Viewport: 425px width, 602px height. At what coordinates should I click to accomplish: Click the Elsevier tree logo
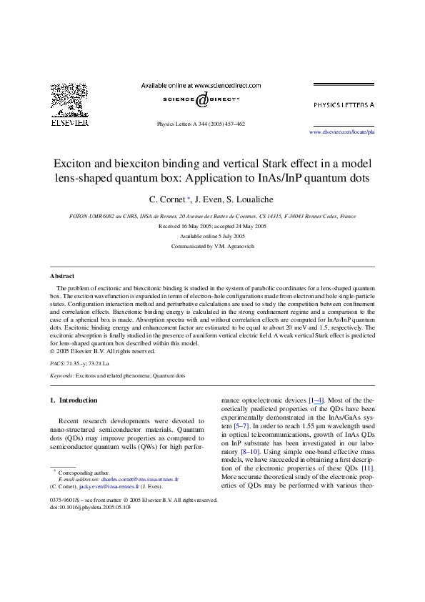click(69, 100)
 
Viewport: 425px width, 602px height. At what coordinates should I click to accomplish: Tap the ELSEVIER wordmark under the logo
click(70, 123)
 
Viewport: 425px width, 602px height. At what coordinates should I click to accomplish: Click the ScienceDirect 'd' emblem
click(201, 100)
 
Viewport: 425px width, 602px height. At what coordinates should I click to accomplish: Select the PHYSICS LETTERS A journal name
click(344, 105)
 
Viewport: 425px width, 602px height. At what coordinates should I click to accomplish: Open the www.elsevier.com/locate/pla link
click(341, 132)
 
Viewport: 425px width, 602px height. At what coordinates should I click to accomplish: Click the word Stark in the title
click(274, 164)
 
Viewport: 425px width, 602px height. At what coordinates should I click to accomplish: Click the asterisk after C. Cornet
click(189, 198)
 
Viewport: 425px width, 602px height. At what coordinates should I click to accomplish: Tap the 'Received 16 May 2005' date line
click(185, 226)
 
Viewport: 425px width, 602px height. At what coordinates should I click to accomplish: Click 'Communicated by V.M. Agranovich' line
click(213, 246)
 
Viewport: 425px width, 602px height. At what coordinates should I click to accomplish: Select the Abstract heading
click(62, 276)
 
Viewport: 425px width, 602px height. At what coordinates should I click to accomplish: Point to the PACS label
click(57, 363)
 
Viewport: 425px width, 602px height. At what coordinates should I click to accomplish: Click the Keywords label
click(61, 375)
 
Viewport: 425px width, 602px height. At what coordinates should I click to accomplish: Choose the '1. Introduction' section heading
click(74, 400)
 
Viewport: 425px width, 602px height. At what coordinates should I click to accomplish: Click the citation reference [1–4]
click(316, 400)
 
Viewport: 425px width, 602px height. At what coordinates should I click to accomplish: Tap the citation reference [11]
click(368, 468)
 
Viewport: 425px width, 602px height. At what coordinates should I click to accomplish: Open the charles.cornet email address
click(139, 479)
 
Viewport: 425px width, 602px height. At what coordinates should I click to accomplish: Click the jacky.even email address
click(109, 486)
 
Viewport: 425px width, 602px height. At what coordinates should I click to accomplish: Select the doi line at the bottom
click(90, 507)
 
